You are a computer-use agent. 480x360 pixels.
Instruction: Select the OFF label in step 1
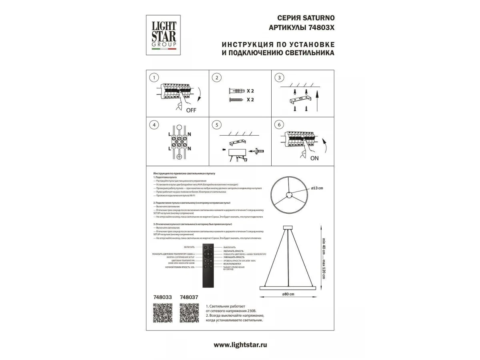click(191, 110)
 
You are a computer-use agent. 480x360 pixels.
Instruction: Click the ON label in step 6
click(314, 158)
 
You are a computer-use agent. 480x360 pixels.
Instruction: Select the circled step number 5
click(216, 125)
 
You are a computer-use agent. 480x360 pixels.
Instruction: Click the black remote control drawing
click(209, 265)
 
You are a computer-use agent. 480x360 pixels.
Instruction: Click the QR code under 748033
click(163, 313)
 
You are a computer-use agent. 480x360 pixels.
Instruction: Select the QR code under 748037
click(189, 313)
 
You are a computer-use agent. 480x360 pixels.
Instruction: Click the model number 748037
click(189, 298)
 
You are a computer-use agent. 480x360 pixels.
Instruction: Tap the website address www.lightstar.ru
click(240, 344)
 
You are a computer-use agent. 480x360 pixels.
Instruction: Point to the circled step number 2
click(216, 78)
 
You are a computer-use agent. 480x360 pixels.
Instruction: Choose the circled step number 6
click(278, 125)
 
